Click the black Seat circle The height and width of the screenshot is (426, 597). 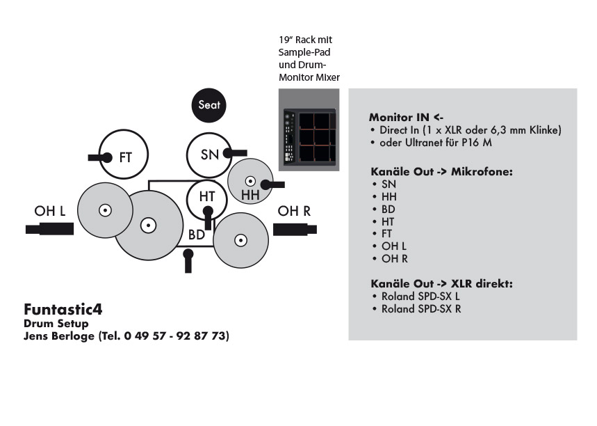(x=209, y=105)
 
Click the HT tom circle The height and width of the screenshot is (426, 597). (x=207, y=197)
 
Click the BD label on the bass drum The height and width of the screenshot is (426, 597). (x=197, y=235)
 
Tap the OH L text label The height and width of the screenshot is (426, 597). (x=51, y=212)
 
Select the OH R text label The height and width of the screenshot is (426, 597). (x=294, y=212)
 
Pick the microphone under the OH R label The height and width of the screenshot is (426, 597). (x=295, y=229)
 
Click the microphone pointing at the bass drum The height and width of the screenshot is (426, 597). (x=188, y=261)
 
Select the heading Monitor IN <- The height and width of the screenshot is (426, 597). (x=405, y=117)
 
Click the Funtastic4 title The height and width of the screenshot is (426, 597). (x=63, y=308)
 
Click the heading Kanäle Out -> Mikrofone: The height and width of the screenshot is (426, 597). (x=441, y=171)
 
